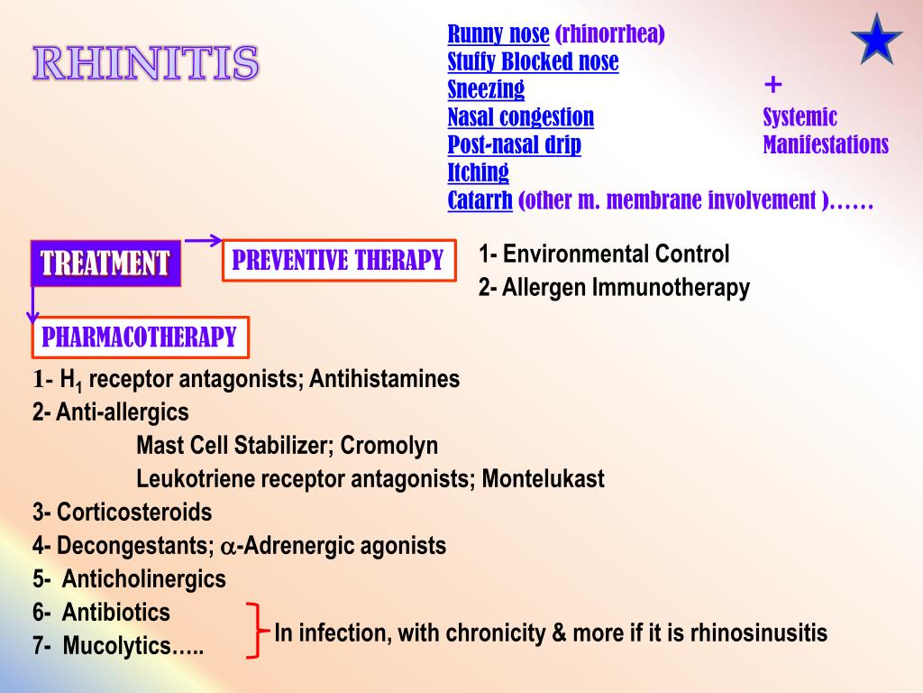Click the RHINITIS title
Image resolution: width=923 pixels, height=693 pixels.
146,63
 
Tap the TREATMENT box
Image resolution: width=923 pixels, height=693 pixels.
105,263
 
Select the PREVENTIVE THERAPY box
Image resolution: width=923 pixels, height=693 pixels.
338,261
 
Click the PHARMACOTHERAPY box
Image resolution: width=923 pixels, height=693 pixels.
140,337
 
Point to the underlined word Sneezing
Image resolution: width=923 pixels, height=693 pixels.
486,89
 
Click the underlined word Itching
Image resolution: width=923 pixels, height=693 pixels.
478,172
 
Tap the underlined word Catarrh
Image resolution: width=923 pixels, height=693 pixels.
480,200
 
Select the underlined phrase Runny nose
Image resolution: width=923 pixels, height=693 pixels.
498,34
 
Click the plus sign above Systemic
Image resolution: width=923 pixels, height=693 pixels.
772,86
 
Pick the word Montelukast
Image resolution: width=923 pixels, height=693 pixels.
543,478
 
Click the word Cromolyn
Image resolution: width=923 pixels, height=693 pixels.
389,446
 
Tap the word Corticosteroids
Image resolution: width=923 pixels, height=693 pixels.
134,513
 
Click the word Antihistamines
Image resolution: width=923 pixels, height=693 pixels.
384,379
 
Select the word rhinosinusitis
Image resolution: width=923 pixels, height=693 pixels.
759,633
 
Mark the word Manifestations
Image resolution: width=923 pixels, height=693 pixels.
826,144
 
